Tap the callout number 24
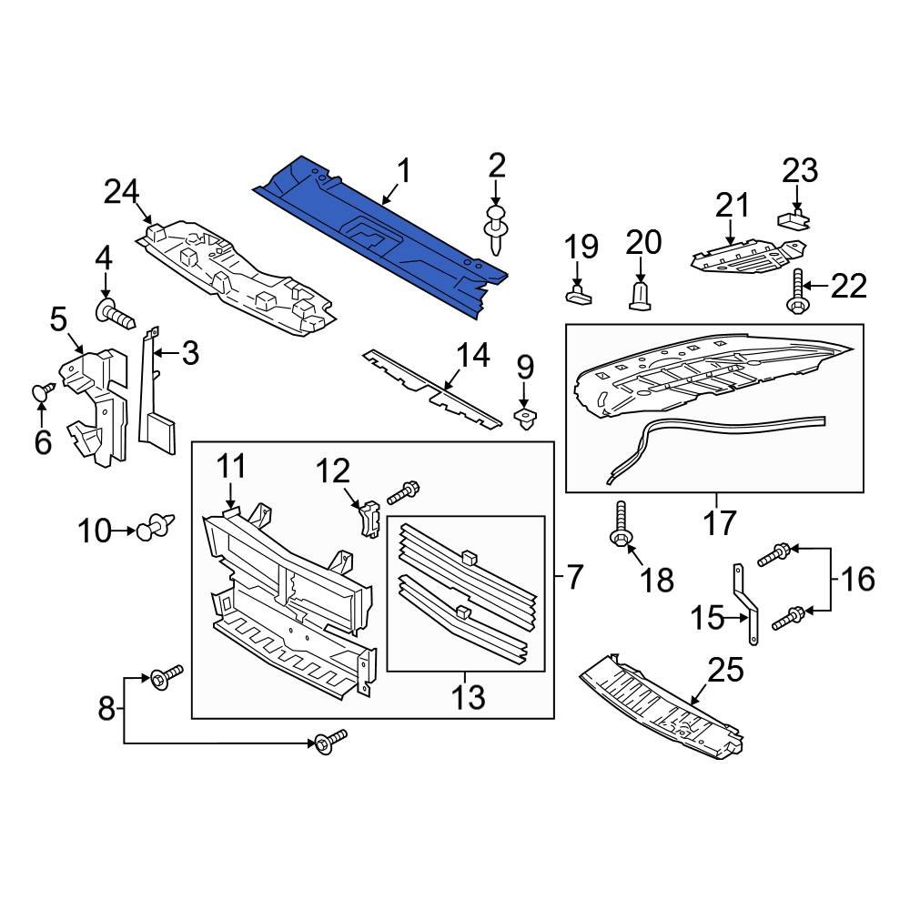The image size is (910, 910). [121, 192]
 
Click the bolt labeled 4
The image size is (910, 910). [114, 315]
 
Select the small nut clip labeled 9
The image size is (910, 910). [525, 420]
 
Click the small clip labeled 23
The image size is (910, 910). [793, 218]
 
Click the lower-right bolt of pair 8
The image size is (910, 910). [330, 742]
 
